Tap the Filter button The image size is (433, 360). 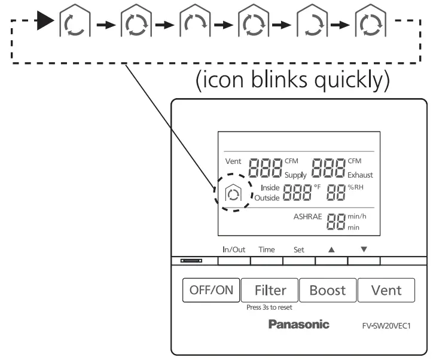[270, 290]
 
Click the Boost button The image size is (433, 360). [328, 290]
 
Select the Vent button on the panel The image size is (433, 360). [386, 290]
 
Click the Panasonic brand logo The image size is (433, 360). [298, 324]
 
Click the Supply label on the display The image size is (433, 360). [296, 175]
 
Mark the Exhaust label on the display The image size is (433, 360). [361, 175]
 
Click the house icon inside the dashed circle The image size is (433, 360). [231, 194]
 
